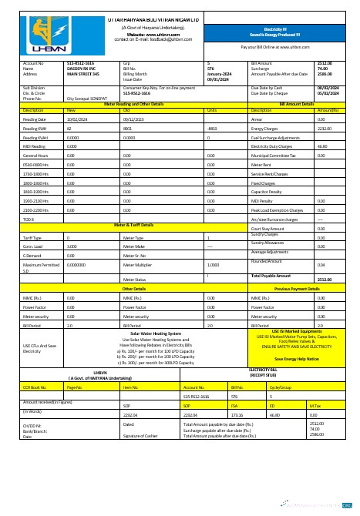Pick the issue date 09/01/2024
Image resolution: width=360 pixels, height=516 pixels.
218,79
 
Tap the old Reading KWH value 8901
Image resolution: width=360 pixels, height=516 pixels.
128,128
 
